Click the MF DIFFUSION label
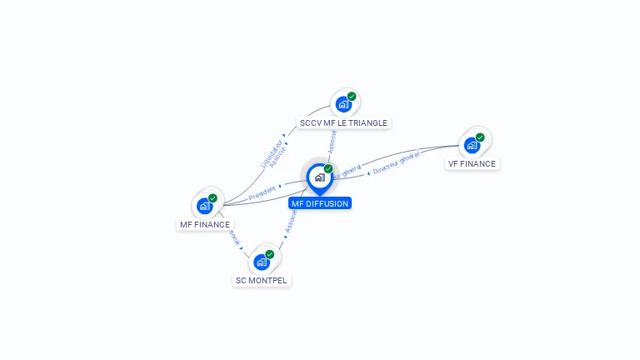[x=320, y=203]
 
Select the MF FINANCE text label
[x=205, y=224]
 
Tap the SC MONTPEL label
[x=262, y=280]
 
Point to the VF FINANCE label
[x=472, y=164]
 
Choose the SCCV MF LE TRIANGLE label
[x=344, y=122]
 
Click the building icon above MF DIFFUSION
[x=319, y=177]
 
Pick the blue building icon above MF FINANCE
[x=204, y=206]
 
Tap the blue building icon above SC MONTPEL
[x=262, y=262]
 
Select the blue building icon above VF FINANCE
[x=472, y=145]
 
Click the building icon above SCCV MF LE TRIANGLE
[x=342, y=105]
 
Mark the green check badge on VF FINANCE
[x=480, y=137]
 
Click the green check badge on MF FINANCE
[x=212, y=198]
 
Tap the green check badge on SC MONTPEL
[x=270, y=254]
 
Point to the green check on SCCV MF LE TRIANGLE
[x=352, y=97]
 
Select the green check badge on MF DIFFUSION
[x=328, y=169]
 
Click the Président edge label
[x=262, y=190]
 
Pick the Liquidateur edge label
[x=268, y=151]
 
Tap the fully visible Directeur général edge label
[x=396, y=163]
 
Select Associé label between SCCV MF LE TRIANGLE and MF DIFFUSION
[x=332, y=142]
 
